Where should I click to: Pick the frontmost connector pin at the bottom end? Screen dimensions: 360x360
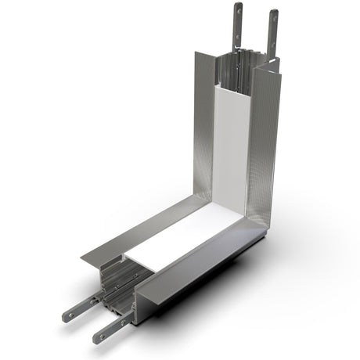(110, 328)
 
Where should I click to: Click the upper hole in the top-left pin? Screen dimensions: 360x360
(237, 11)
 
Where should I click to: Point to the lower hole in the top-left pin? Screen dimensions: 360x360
(237, 31)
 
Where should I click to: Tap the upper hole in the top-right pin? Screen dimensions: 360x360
(273, 16)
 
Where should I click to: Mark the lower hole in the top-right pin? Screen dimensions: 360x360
(273, 36)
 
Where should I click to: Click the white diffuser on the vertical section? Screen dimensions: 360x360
(232, 141)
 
